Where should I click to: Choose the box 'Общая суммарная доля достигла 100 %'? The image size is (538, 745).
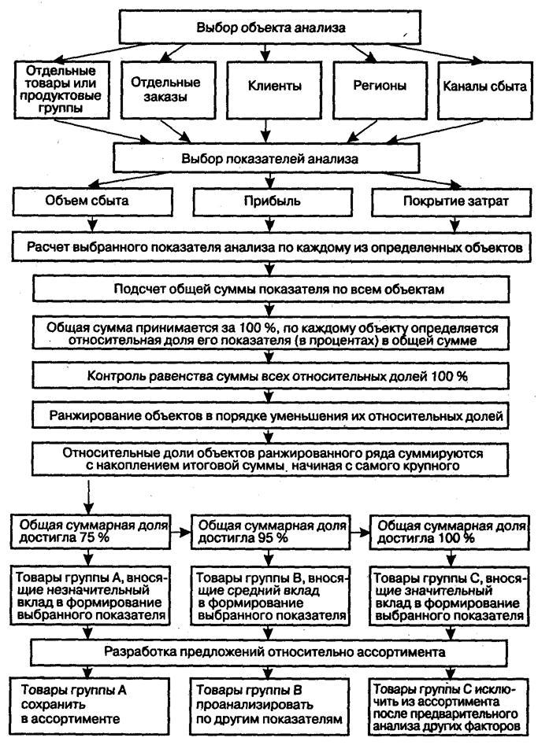click(x=449, y=532)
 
